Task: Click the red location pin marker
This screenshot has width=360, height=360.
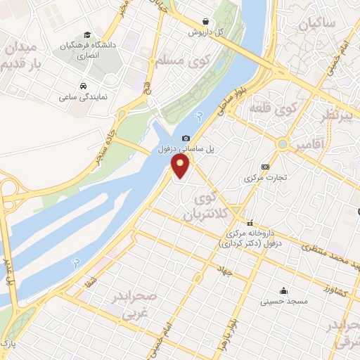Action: (x=181, y=165)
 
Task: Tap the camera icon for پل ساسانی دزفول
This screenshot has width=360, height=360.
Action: (x=186, y=139)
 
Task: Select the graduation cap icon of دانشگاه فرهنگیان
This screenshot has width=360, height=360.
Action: (x=86, y=34)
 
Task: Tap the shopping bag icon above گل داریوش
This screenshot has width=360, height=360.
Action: (x=205, y=22)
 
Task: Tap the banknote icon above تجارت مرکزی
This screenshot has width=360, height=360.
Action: (x=265, y=167)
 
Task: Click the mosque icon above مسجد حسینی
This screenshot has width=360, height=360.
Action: (x=283, y=290)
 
